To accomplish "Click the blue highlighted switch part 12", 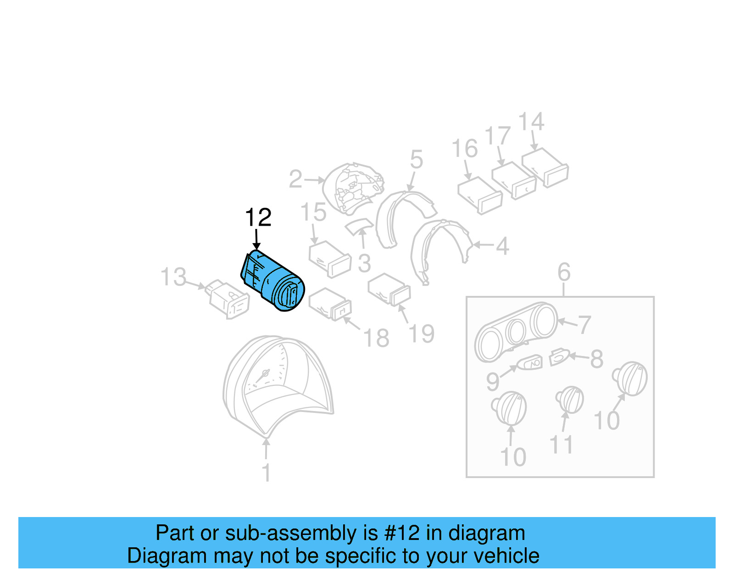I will (273, 281).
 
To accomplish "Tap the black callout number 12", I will (258, 217).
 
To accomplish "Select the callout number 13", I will (173, 278).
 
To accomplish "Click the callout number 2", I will (295, 179).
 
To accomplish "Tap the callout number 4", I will (502, 246).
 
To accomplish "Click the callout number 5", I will (416, 159).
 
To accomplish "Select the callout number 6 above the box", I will (564, 273).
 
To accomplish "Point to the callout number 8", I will (596, 359).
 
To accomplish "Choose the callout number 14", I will (531, 122).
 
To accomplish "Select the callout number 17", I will (497, 136).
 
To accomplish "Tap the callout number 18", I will (376, 339).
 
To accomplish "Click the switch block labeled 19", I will (389, 289).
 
